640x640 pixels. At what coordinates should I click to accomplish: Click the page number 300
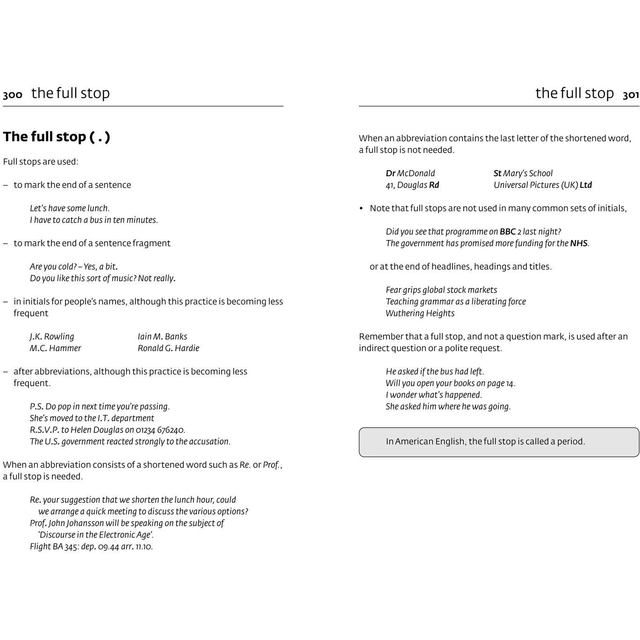(x=13, y=95)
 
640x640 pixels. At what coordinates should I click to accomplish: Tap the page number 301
(x=631, y=95)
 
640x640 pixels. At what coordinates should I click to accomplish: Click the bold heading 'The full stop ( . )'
(x=57, y=137)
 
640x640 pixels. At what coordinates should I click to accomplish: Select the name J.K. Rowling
(x=52, y=337)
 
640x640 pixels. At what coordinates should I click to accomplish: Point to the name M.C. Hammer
(x=55, y=348)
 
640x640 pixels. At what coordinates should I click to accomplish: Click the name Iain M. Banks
(x=162, y=337)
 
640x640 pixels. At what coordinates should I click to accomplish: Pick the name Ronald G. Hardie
(x=168, y=348)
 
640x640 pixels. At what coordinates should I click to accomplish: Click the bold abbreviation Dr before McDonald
(x=391, y=173)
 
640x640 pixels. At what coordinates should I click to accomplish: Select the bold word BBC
(x=508, y=232)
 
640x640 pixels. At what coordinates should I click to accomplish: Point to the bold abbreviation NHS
(x=579, y=244)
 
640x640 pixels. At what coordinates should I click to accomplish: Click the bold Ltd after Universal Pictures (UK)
(x=586, y=185)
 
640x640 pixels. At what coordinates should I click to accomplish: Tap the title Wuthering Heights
(x=420, y=313)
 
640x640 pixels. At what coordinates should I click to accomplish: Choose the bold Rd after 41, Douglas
(x=434, y=185)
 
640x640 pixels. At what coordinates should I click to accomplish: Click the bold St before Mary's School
(x=497, y=173)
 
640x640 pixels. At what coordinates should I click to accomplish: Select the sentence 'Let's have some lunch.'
(x=70, y=209)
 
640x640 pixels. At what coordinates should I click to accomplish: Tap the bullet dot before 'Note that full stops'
(x=361, y=209)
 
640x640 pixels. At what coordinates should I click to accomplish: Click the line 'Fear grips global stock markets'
(x=441, y=290)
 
